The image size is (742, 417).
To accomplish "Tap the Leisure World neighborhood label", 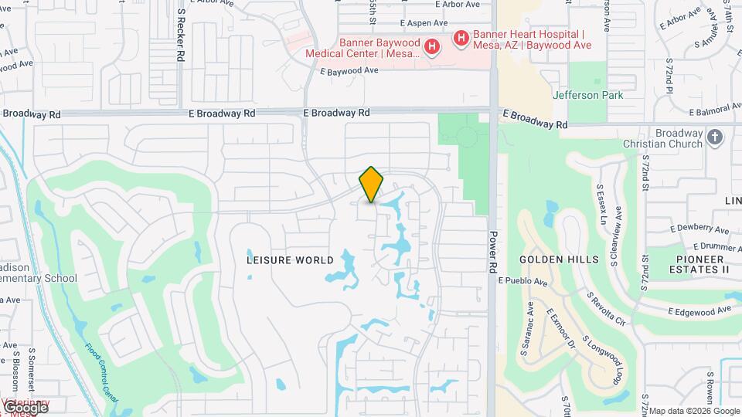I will click(290, 260).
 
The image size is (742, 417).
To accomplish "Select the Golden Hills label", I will click(559, 260).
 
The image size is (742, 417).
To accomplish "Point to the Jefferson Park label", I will click(587, 96).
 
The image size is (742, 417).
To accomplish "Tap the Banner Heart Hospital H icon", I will click(461, 37).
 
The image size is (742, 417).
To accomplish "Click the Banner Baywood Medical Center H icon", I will click(432, 48).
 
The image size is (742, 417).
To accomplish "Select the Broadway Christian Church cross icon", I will click(715, 137).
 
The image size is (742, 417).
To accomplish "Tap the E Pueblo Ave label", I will click(522, 280).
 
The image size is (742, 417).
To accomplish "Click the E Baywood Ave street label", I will click(349, 71).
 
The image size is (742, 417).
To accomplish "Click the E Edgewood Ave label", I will click(700, 310).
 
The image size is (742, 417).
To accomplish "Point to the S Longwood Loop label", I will click(602, 361).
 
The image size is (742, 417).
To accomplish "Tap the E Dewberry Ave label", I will click(699, 229).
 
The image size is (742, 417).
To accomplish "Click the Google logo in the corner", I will click(26, 406).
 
